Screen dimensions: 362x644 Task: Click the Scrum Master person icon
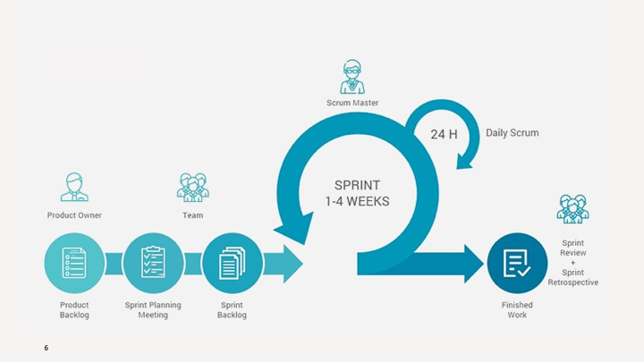(x=352, y=77)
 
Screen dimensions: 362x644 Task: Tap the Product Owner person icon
(x=74, y=188)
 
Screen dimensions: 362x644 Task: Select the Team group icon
(x=192, y=188)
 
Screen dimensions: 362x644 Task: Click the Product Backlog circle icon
(x=74, y=263)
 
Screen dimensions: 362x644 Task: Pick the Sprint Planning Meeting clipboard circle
(x=153, y=263)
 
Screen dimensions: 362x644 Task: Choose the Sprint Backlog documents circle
(x=232, y=263)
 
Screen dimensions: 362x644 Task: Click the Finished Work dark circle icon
(x=517, y=263)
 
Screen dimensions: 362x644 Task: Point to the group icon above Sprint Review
(x=572, y=209)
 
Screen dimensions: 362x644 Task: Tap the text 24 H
(x=444, y=134)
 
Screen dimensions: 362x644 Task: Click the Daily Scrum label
(x=512, y=133)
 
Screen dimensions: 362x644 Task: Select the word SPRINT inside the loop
(x=357, y=185)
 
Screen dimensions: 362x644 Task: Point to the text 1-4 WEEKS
(x=357, y=201)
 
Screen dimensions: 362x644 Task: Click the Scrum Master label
(x=352, y=103)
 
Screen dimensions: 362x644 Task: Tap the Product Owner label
(x=74, y=215)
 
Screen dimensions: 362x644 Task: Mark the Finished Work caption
(x=517, y=309)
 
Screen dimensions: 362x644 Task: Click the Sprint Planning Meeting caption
(x=153, y=309)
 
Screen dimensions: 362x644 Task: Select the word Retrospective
(x=573, y=282)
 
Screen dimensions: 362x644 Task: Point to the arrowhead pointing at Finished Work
(x=474, y=264)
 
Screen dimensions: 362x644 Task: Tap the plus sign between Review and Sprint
(x=573, y=263)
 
